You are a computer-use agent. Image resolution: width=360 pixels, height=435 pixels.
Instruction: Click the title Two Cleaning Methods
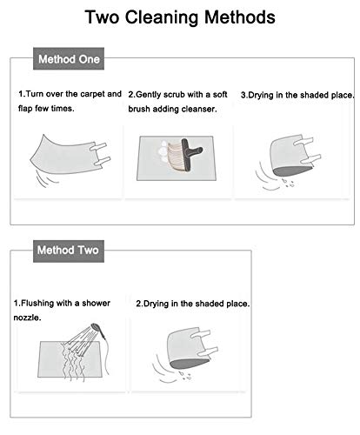coord(180,17)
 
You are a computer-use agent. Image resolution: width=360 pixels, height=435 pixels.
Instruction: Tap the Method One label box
coord(69,58)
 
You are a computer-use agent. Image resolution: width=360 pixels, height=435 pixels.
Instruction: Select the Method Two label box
coord(69,251)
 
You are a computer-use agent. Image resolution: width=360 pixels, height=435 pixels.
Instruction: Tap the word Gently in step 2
coord(149,95)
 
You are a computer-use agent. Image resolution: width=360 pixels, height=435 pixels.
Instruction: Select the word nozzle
coord(27,318)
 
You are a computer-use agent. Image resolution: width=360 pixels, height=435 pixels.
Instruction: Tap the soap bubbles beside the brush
coord(163,151)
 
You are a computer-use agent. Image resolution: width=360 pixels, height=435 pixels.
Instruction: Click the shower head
coord(96,329)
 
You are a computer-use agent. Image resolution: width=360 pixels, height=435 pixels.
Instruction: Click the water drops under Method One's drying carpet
coord(289,183)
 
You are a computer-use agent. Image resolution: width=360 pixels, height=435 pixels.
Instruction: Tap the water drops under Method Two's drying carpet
coord(185,375)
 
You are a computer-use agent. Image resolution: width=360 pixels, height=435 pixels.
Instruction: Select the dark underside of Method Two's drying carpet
coord(190,364)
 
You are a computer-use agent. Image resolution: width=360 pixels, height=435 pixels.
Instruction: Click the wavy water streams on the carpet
coord(73,361)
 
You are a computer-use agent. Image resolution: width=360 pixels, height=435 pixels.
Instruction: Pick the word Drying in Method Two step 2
coord(157,304)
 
